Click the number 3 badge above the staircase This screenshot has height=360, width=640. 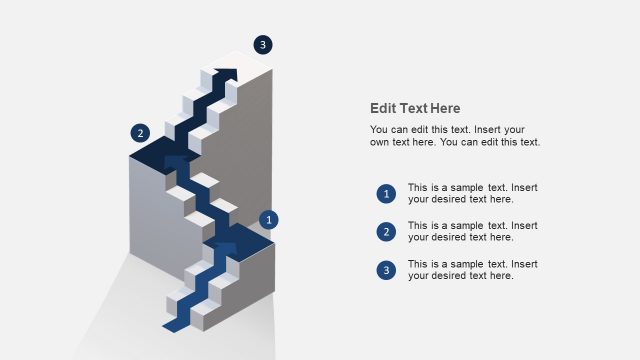click(x=262, y=44)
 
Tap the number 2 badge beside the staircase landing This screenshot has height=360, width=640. click(x=140, y=133)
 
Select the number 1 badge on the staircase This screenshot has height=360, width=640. click(x=268, y=219)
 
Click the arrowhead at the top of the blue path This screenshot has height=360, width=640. click(x=231, y=73)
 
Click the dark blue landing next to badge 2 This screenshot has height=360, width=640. click(x=160, y=152)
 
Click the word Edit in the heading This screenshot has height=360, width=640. click(x=383, y=109)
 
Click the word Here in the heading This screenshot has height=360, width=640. click(x=444, y=109)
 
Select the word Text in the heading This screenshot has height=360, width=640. click(x=412, y=109)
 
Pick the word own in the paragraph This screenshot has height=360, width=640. click(x=381, y=142)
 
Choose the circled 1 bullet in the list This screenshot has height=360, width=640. click(x=386, y=194)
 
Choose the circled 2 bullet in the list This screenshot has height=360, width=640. click(x=386, y=232)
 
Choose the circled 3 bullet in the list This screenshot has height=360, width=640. click(x=386, y=270)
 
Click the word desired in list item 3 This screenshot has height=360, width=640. click(x=450, y=276)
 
